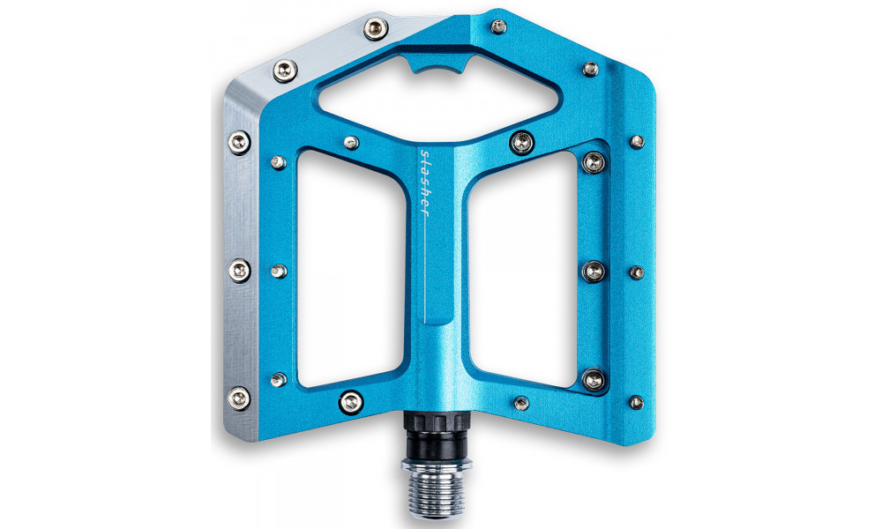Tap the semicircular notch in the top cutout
[437, 68]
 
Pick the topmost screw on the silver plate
[376, 31]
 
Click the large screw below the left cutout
[352, 403]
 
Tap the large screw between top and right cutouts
[522, 141]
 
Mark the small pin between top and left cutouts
[351, 143]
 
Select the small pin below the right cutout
[521, 403]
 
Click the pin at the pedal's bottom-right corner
[635, 403]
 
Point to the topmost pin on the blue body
[498, 27]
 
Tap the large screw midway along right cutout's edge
[594, 271]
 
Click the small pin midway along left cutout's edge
[279, 271]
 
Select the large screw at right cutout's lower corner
[594, 380]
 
